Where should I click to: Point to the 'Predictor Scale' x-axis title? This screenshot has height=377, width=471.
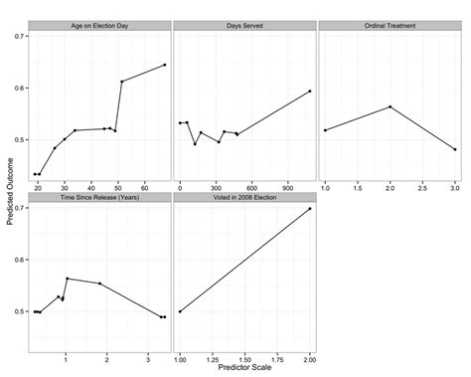click(244, 369)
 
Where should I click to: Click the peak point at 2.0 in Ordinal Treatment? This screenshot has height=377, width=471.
click(390, 106)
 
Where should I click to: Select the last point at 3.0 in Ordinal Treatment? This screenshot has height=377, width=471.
click(455, 149)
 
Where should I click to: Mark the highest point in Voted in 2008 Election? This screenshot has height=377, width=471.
click(310, 209)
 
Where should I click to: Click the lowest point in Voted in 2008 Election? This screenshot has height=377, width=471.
click(180, 311)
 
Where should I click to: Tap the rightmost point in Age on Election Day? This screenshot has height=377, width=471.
click(165, 65)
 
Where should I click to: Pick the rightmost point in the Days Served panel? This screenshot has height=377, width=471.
click(310, 91)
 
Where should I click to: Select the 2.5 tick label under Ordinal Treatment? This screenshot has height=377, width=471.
click(422, 187)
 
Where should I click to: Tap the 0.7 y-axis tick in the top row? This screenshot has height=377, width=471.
click(22, 36)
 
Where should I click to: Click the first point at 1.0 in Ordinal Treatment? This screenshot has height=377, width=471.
click(325, 130)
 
